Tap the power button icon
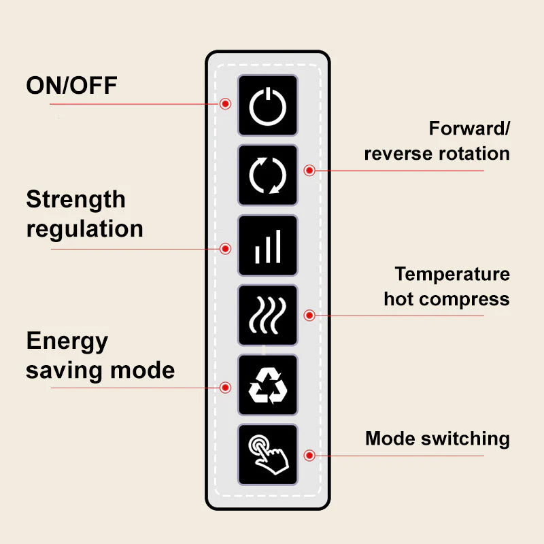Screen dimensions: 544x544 267,105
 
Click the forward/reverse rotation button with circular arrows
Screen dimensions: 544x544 267,175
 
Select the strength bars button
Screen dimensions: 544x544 267,245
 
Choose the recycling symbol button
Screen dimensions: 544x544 267,386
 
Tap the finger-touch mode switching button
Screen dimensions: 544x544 267,455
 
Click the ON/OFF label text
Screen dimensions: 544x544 71,86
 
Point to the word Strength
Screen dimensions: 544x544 75,199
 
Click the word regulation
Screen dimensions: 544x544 84,228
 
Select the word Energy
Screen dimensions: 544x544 67,341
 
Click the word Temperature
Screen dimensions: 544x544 452,274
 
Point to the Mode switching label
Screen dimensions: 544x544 437,439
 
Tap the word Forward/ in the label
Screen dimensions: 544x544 469,129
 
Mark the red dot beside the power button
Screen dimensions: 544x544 226,103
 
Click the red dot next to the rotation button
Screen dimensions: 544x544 309,170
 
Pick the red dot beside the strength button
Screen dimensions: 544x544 226,249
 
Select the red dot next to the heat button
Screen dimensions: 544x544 309,316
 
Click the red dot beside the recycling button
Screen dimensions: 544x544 226,388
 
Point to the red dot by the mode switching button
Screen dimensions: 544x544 309,455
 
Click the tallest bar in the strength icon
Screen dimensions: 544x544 277,246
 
